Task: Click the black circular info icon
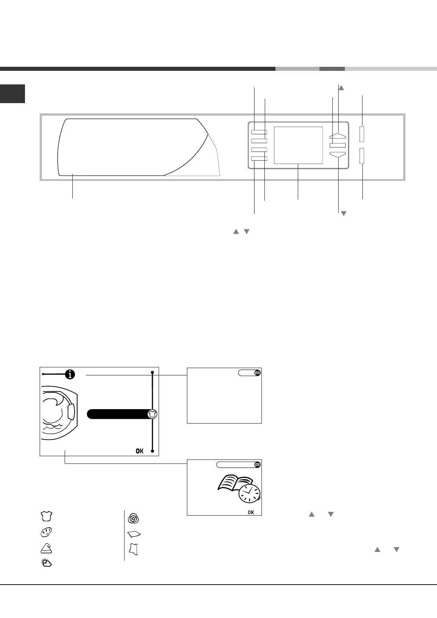(70, 374)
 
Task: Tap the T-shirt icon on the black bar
(152, 414)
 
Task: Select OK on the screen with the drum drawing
(140, 451)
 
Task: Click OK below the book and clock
(251, 512)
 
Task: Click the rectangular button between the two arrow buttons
(337, 145)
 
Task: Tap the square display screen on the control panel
(298, 145)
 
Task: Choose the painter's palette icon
(46, 532)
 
